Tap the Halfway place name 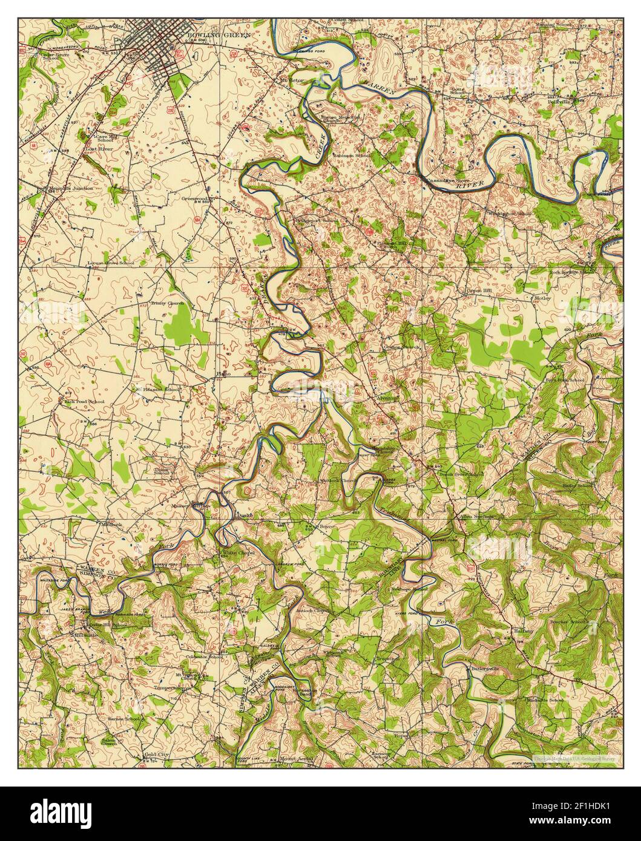coord(524,631)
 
